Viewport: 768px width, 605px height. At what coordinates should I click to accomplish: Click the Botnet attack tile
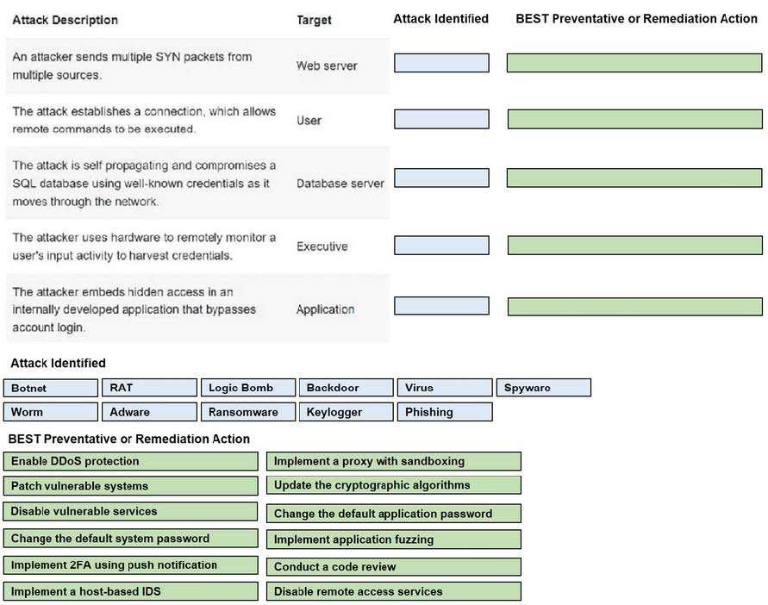tap(51, 388)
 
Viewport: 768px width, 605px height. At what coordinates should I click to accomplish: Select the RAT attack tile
tap(149, 388)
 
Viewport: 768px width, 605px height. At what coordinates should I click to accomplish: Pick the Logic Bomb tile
tap(248, 388)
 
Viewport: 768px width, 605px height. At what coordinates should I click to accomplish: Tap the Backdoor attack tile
tap(347, 388)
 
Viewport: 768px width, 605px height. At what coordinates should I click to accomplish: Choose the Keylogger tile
tap(347, 412)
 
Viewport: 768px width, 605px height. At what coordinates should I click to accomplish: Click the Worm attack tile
tap(51, 412)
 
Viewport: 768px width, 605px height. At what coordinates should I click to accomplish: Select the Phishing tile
tap(445, 412)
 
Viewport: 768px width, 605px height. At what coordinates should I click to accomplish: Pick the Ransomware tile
tap(248, 412)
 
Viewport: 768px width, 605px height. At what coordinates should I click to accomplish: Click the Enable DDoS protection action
tap(131, 461)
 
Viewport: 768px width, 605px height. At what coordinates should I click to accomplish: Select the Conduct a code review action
tap(394, 567)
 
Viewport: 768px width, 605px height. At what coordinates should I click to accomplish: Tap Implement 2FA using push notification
tap(131, 564)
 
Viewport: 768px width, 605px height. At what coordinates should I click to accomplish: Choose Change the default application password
tap(394, 514)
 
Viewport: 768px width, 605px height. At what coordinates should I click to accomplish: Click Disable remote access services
tap(394, 591)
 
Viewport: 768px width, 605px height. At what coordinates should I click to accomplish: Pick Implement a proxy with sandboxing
tap(394, 461)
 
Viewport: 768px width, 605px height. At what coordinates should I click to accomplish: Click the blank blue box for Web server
tap(442, 63)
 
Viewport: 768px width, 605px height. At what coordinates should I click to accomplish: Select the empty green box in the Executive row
tap(634, 246)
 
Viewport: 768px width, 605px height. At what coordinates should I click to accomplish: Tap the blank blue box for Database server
tap(442, 178)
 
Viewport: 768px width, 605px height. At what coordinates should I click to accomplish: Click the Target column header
tap(314, 20)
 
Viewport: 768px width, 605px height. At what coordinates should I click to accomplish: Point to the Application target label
tap(325, 309)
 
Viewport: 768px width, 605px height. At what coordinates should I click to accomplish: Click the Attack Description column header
tap(66, 20)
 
